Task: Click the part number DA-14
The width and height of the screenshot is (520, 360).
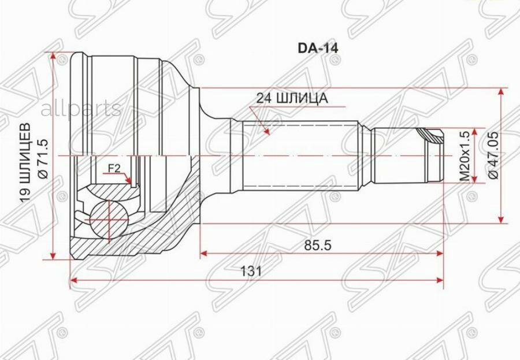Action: [x=318, y=49]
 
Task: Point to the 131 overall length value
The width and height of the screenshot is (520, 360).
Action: [x=251, y=271]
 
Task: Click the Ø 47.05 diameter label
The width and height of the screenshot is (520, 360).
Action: [x=493, y=155]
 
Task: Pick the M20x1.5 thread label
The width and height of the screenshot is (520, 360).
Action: [x=465, y=155]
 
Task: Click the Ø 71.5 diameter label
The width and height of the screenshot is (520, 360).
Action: [x=43, y=159]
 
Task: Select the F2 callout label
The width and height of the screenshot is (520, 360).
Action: [x=114, y=169]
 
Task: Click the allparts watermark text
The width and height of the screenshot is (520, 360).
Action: [x=81, y=108]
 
